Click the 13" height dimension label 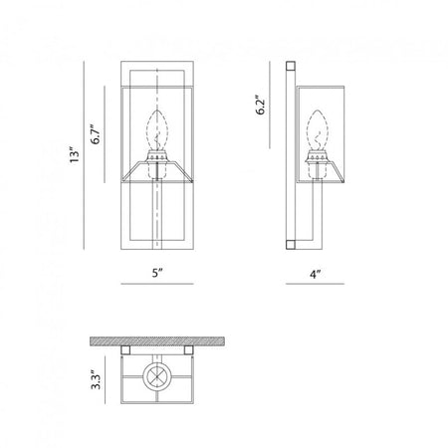point(75,154)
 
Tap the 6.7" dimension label point(96,134)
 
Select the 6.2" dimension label point(261,105)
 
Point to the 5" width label point(157,273)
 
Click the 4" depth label point(315,274)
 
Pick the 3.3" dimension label point(97,380)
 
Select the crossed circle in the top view point(157,376)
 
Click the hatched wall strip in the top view point(157,341)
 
